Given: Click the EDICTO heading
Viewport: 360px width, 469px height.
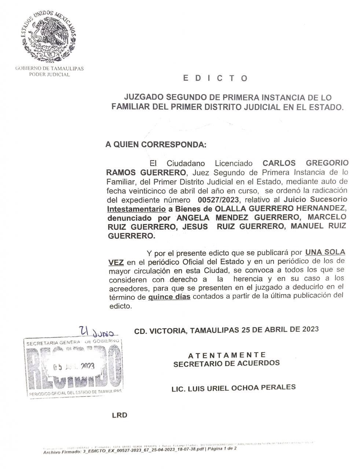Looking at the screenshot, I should pyautogui.click(x=215, y=78).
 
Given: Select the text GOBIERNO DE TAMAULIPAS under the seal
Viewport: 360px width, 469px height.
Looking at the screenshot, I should pyautogui.click(x=49, y=69).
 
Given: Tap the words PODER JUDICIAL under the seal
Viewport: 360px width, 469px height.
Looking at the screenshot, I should pyautogui.click(x=49, y=74).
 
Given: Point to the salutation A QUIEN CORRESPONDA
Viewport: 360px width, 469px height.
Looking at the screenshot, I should pyautogui.click(x=156, y=144).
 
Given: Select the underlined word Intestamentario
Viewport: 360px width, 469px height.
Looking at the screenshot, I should pyautogui.click(x=136, y=209).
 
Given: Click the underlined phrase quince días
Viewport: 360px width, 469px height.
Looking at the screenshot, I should pyautogui.click(x=169, y=297).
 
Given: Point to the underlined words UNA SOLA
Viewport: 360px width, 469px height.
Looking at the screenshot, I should pyautogui.click(x=325, y=252).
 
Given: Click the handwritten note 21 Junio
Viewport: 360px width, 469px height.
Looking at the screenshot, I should pyautogui.click(x=97, y=332).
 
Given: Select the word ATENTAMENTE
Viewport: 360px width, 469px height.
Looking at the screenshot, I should pyautogui.click(x=227, y=355).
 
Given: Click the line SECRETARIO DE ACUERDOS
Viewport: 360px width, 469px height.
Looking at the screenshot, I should pyautogui.click(x=227, y=363).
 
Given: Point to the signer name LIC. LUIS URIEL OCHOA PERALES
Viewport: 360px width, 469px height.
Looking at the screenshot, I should pyautogui.click(x=234, y=388).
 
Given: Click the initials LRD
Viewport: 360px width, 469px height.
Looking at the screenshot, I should pyautogui.click(x=120, y=415).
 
